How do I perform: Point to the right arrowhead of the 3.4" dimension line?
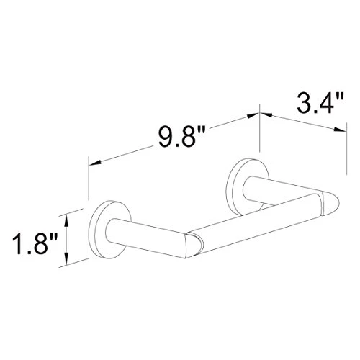338,130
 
